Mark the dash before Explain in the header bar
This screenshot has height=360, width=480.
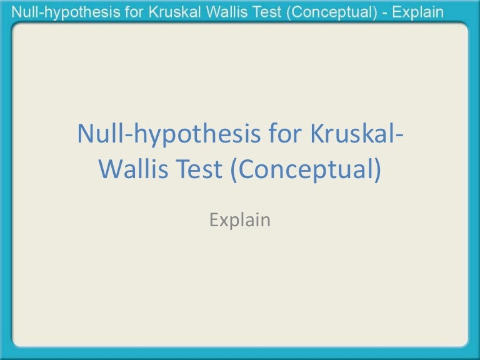[385, 11]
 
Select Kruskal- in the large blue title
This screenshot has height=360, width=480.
[352, 135]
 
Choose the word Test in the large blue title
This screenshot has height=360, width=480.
[199, 169]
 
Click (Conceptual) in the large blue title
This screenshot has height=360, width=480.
[305, 169]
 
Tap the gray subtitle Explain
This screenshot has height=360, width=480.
[240, 220]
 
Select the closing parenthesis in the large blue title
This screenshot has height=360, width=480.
[376, 170]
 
